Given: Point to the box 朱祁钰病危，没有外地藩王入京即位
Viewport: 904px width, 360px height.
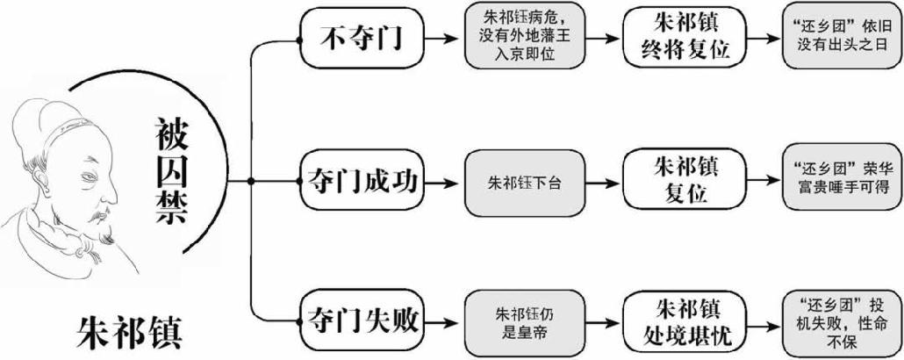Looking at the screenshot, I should (523, 39).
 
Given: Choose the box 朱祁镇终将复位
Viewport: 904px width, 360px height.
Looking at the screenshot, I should (680, 38).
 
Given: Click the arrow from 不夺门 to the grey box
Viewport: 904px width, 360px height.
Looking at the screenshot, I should (446, 39).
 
